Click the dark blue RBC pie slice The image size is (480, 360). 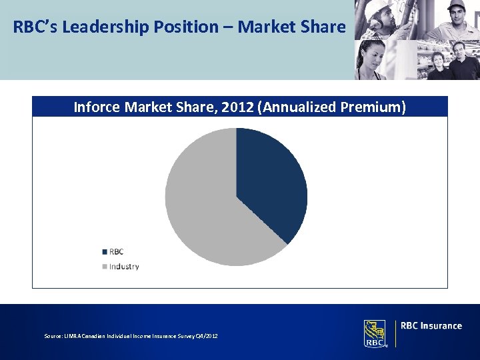[x=270, y=180]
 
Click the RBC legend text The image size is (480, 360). [x=117, y=251]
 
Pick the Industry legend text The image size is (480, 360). [x=124, y=267]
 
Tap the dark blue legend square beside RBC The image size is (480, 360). [x=105, y=252]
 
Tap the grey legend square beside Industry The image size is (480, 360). [x=105, y=267]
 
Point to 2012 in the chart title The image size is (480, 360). [x=237, y=107]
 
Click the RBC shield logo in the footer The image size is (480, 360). [x=375, y=333]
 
